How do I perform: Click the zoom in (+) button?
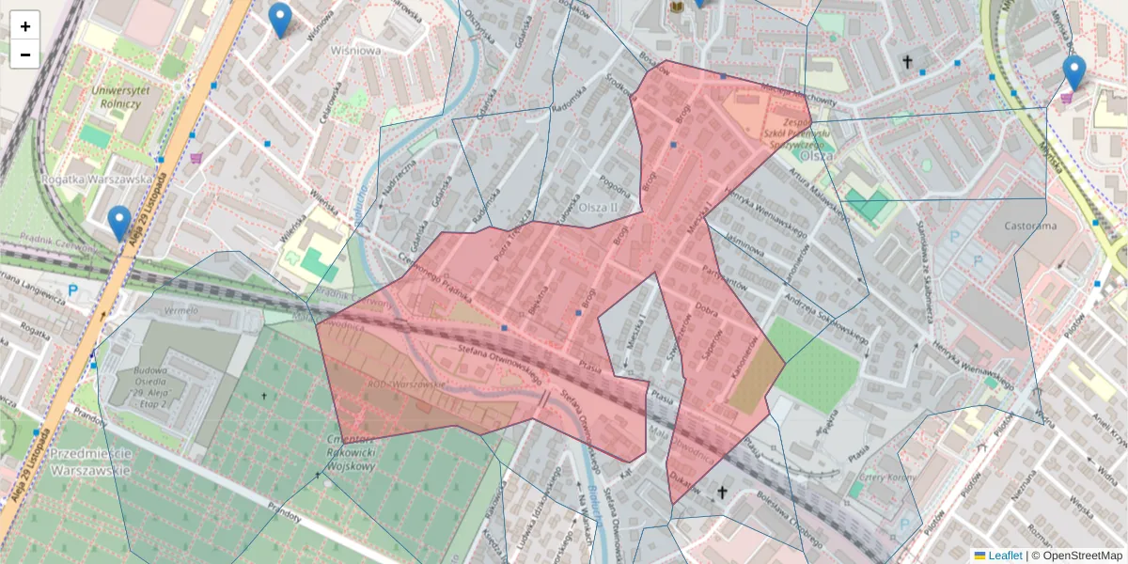click(25, 26)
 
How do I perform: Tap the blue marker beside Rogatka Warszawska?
click(118, 223)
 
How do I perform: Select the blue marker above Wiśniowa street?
click(279, 20)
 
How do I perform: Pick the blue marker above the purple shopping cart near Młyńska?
click(1073, 72)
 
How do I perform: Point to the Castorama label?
click(1029, 226)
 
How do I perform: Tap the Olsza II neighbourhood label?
click(597, 207)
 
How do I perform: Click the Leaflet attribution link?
click(1004, 556)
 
